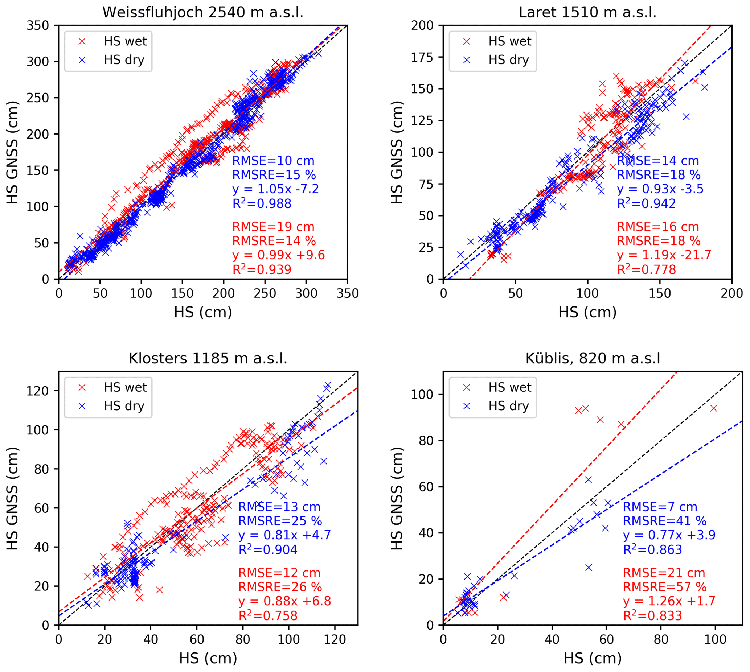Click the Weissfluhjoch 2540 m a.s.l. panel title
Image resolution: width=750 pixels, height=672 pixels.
coord(203,13)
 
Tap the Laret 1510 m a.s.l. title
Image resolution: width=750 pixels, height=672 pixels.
coord(587,13)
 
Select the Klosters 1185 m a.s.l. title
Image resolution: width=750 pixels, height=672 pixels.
coord(208,359)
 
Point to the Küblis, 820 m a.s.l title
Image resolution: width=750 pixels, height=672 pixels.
coord(593,359)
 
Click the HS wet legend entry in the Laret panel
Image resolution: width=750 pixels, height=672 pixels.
coord(509,41)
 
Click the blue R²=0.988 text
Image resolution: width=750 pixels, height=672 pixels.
coord(262,203)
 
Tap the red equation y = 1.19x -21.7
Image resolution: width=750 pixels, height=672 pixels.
coord(664,255)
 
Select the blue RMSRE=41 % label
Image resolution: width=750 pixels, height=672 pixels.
coord(665,521)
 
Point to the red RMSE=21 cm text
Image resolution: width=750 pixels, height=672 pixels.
coord(664,573)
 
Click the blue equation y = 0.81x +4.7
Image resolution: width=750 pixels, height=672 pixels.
coord(284,535)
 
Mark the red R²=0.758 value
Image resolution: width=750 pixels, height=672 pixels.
coord(268,616)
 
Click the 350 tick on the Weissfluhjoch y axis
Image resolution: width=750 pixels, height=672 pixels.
coord(38,25)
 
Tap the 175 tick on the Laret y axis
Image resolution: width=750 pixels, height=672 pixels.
coord(422,57)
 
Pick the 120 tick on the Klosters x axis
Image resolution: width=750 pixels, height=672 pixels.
coord(335,639)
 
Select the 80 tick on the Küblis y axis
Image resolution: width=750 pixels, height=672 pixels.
coord(427,441)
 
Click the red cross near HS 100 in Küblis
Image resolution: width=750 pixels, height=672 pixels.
coord(714,408)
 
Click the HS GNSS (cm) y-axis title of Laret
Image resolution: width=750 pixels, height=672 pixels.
coord(397,152)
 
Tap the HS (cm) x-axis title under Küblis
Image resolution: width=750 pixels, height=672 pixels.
coord(593,658)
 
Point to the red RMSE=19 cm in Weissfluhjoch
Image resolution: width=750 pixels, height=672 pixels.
coord(273,227)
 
